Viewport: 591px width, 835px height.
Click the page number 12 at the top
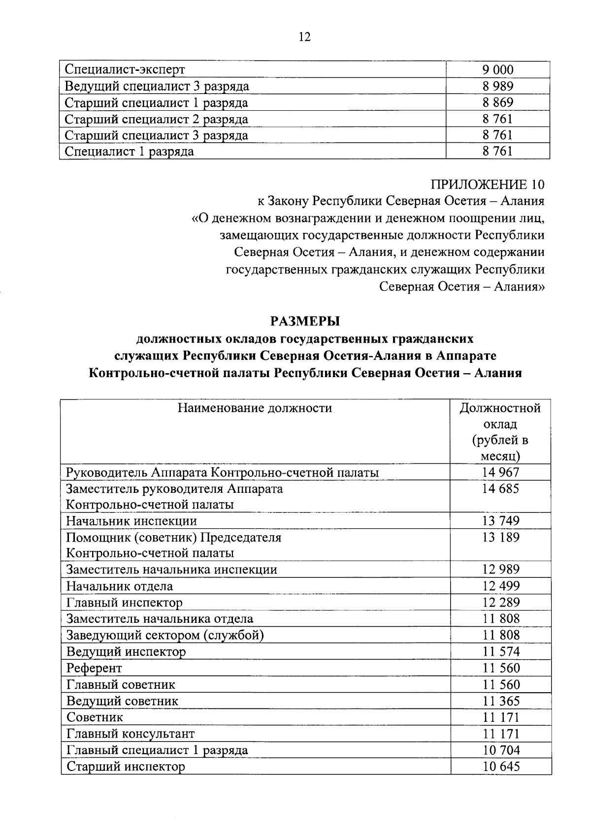pos(304,37)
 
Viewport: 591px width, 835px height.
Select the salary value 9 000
pos(497,70)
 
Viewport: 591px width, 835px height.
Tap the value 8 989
pos(497,86)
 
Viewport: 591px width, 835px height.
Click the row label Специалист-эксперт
pos(125,70)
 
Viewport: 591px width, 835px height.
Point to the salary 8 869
pos(497,102)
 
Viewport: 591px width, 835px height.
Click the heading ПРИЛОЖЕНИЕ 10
pos(488,185)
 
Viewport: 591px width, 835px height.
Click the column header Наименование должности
pos(255,408)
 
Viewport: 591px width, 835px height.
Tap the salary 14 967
pos(500,473)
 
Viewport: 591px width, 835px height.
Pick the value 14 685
pos(500,489)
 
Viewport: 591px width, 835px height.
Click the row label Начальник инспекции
pos(131,521)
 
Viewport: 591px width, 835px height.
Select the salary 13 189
pos(500,537)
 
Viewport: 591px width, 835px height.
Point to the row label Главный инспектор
pos(124,603)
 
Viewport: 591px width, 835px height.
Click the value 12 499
pos(500,586)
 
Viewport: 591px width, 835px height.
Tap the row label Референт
pos(94,668)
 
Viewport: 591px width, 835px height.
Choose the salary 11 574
pos(500,652)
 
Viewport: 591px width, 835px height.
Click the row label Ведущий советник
pos(122,701)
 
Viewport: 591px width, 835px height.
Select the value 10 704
pos(500,750)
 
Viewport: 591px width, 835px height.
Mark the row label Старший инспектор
pos(126,767)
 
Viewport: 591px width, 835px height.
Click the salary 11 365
pos(500,701)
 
